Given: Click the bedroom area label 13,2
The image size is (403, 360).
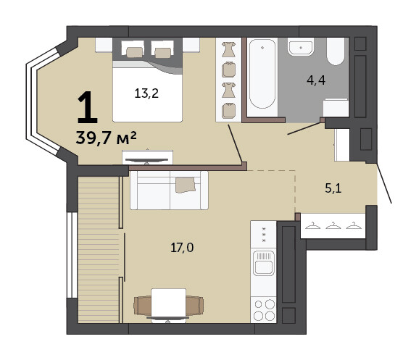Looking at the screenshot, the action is pos(146,93).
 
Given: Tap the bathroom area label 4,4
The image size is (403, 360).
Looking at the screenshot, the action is pos(316,80).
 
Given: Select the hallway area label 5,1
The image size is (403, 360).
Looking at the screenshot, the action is pos(333,188).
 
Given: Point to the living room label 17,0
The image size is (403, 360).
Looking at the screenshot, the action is pos(182,248).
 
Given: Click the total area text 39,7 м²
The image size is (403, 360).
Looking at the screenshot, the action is pos(106,138).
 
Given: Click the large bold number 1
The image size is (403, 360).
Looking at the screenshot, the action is pos(88,107).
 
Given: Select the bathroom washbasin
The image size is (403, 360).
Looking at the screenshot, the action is pos(301,47).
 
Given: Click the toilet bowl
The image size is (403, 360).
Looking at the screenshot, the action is pos(336,51).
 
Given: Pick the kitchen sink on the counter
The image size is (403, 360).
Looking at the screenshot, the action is pos(264,263).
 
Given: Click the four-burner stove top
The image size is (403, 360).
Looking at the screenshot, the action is pos(264,310).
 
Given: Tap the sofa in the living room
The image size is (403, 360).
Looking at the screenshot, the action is pos(169,191).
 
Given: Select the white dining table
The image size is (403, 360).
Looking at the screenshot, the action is pos(169,306).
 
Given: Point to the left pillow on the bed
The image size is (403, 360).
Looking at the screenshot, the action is pos(135,52).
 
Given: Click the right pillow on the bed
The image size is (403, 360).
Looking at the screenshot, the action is pos(163,53).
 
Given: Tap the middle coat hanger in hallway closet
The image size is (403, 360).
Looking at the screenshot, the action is pos(333,225).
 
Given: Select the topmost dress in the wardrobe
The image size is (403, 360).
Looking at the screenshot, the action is pos(228,49).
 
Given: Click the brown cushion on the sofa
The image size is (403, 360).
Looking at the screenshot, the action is pos(186,185).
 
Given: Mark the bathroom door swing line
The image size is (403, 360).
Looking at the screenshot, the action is pos(304,128).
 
